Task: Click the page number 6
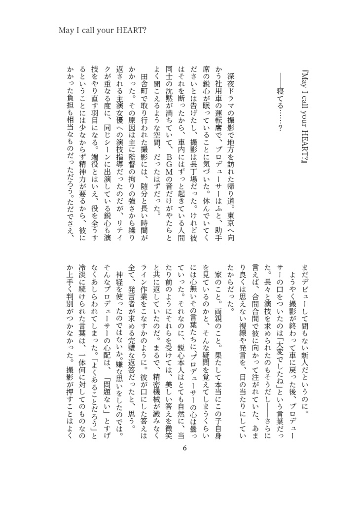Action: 185,448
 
